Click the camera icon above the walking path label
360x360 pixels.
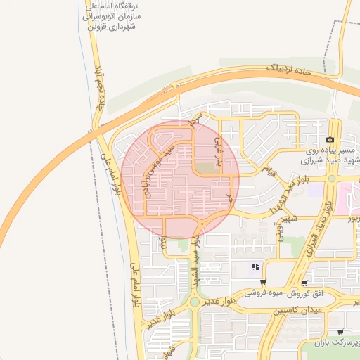[330, 140]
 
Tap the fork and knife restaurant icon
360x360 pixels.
[256, 266]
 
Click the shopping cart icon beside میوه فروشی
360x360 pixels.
[263, 282]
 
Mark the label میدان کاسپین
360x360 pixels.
[297, 309]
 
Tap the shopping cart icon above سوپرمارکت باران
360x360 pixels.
[340, 331]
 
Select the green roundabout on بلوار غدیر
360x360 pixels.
[194, 302]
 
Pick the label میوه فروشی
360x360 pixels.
[262, 292]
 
